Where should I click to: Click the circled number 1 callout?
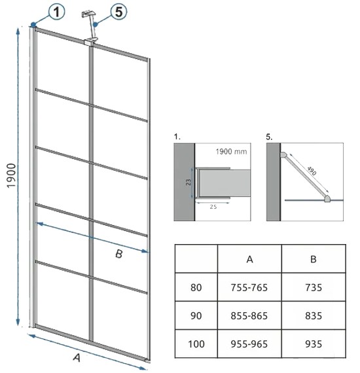[x=57, y=12]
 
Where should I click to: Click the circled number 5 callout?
[x=118, y=12]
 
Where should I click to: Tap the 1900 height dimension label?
[x=11, y=175]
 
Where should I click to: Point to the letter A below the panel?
[x=77, y=357]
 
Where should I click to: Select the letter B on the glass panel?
[x=118, y=254]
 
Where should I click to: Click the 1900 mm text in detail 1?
[x=231, y=152]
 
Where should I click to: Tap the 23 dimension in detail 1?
[x=189, y=183]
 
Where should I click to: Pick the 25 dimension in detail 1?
[x=213, y=207]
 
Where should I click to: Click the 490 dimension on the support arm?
[x=312, y=171]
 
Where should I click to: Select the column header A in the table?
[x=249, y=259]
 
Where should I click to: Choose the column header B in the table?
[x=314, y=259]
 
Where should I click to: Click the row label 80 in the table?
[x=196, y=287]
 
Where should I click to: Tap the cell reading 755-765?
[x=249, y=287]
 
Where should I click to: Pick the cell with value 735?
[x=314, y=287]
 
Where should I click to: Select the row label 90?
[x=196, y=316]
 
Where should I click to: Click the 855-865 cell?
[x=249, y=316]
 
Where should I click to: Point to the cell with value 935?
[x=314, y=344]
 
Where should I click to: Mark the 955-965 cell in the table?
[x=249, y=344]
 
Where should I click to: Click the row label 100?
[x=196, y=344]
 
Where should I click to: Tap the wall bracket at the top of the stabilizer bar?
[x=88, y=14]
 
